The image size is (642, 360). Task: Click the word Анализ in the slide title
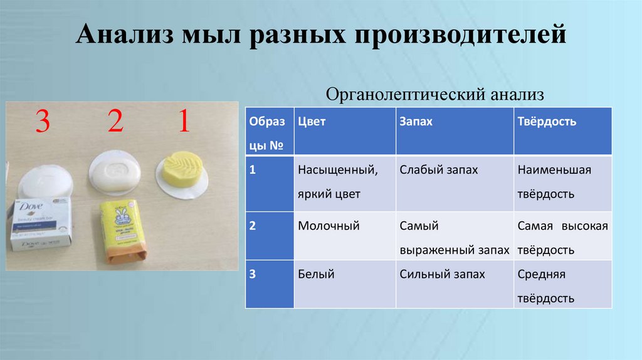tap(125, 36)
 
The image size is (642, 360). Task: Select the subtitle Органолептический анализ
tap(435, 95)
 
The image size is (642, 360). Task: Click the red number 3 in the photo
tap(42, 122)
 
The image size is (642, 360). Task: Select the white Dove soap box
tap(41, 223)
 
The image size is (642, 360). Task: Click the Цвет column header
tap(312, 122)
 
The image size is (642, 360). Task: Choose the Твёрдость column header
tap(547, 122)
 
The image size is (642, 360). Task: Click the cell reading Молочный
tap(329, 226)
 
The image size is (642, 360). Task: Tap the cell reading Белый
tap(316, 274)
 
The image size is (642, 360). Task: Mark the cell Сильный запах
tap(442, 274)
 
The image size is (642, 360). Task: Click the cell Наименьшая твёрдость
tap(554, 182)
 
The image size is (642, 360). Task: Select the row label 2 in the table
tap(253, 226)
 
